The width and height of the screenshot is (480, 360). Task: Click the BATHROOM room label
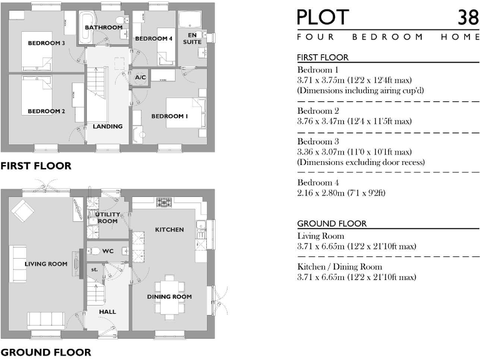(104, 27)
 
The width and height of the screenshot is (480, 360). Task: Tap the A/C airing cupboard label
(141, 77)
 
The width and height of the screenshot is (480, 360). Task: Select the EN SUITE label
(192, 38)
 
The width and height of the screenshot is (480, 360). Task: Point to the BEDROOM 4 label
(153, 39)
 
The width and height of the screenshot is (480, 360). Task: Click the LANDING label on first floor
(107, 126)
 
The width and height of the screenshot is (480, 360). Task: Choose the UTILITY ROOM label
(107, 217)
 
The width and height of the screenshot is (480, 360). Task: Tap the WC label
(107, 251)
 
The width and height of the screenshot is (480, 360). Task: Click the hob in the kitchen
(164, 202)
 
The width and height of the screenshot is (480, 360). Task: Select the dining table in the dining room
(170, 296)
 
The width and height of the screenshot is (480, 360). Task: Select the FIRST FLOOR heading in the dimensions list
(323, 57)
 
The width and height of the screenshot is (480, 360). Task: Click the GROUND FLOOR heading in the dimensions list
(332, 224)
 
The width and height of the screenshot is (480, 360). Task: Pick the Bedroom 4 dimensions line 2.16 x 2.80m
(341, 192)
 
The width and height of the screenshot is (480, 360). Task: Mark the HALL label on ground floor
(107, 311)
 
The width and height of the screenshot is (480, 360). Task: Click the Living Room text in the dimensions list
(321, 236)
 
